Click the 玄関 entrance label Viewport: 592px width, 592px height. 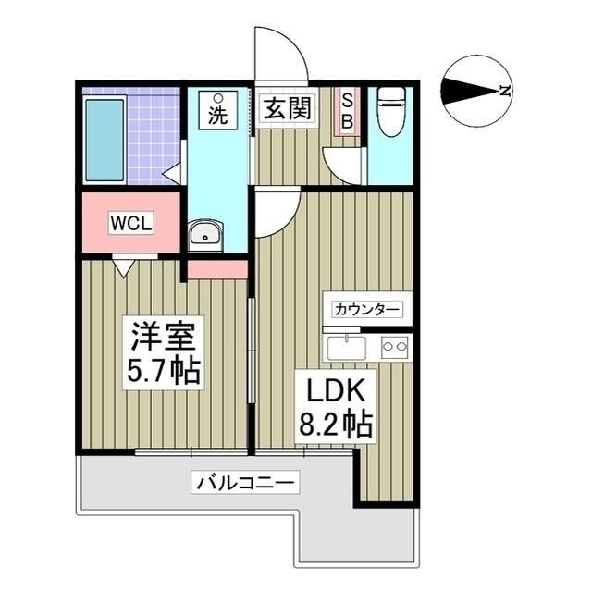pos(288,108)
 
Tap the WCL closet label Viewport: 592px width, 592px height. pos(130,223)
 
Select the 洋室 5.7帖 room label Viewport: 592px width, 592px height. pos(163,352)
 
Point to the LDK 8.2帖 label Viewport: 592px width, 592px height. pos(336,407)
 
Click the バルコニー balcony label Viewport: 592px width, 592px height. pos(245,482)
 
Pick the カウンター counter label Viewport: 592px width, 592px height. pos(367,310)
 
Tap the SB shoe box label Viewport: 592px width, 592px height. pos(347,111)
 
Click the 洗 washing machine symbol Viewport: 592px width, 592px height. pos(218,110)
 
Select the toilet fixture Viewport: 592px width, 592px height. pos(391,112)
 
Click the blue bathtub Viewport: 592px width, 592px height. pos(105,141)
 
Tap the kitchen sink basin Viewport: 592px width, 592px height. pos(347,348)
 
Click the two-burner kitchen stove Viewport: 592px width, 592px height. pos(395,347)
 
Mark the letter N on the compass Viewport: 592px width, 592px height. pos(505,91)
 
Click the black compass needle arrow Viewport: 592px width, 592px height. pos(471,91)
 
